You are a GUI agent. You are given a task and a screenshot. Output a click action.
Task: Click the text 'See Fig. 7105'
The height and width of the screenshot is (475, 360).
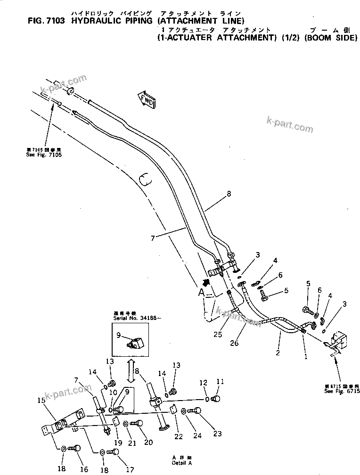(44, 155)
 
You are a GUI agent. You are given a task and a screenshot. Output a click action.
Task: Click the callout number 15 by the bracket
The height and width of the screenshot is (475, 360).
(41, 400)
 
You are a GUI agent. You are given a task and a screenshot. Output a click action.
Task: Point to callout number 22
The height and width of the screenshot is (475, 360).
(179, 436)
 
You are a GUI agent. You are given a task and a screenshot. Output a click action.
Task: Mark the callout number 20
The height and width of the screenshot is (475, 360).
(148, 442)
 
